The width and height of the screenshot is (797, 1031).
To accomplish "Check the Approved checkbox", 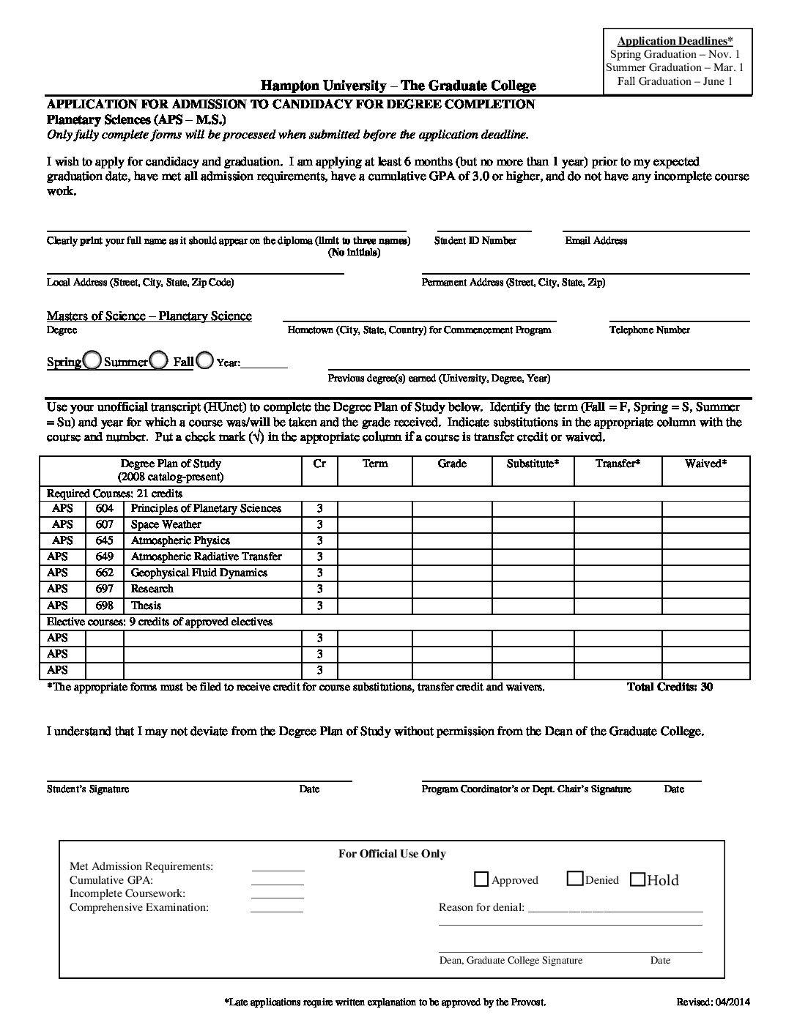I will click(x=482, y=879).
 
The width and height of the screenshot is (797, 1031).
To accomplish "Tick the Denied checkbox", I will click(x=575, y=879).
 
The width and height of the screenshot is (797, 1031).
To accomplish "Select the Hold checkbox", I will click(x=637, y=879).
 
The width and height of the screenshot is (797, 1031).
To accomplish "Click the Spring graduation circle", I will click(x=92, y=360).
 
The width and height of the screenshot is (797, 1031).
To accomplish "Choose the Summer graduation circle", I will click(x=159, y=360).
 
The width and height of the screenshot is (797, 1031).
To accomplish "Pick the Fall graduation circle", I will click(x=205, y=360).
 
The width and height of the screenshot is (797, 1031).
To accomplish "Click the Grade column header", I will click(x=452, y=464).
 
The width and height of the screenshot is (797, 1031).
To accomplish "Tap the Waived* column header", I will click(x=705, y=464).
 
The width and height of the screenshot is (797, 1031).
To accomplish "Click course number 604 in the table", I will click(x=104, y=508).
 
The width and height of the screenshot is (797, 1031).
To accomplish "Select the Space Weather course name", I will click(x=166, y=524).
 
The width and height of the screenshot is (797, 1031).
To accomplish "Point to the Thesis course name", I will click(x=146, y=606).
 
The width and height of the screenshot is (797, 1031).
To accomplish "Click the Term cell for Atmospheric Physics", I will click(x=374, y=540).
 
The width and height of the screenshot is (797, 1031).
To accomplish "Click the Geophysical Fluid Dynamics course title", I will click(x=199, y=573).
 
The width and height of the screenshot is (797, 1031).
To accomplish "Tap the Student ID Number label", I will click(x=475, y=240).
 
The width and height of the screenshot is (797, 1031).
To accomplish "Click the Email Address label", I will click(x=596, y=240).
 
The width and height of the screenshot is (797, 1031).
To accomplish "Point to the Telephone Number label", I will click(x=649, y=330).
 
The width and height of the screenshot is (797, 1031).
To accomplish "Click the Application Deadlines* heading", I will click(x=675, y=41).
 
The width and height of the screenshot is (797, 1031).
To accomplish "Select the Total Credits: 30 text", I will click(x=670, y=687).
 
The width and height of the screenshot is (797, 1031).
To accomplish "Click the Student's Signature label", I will click(x=88, y=789).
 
